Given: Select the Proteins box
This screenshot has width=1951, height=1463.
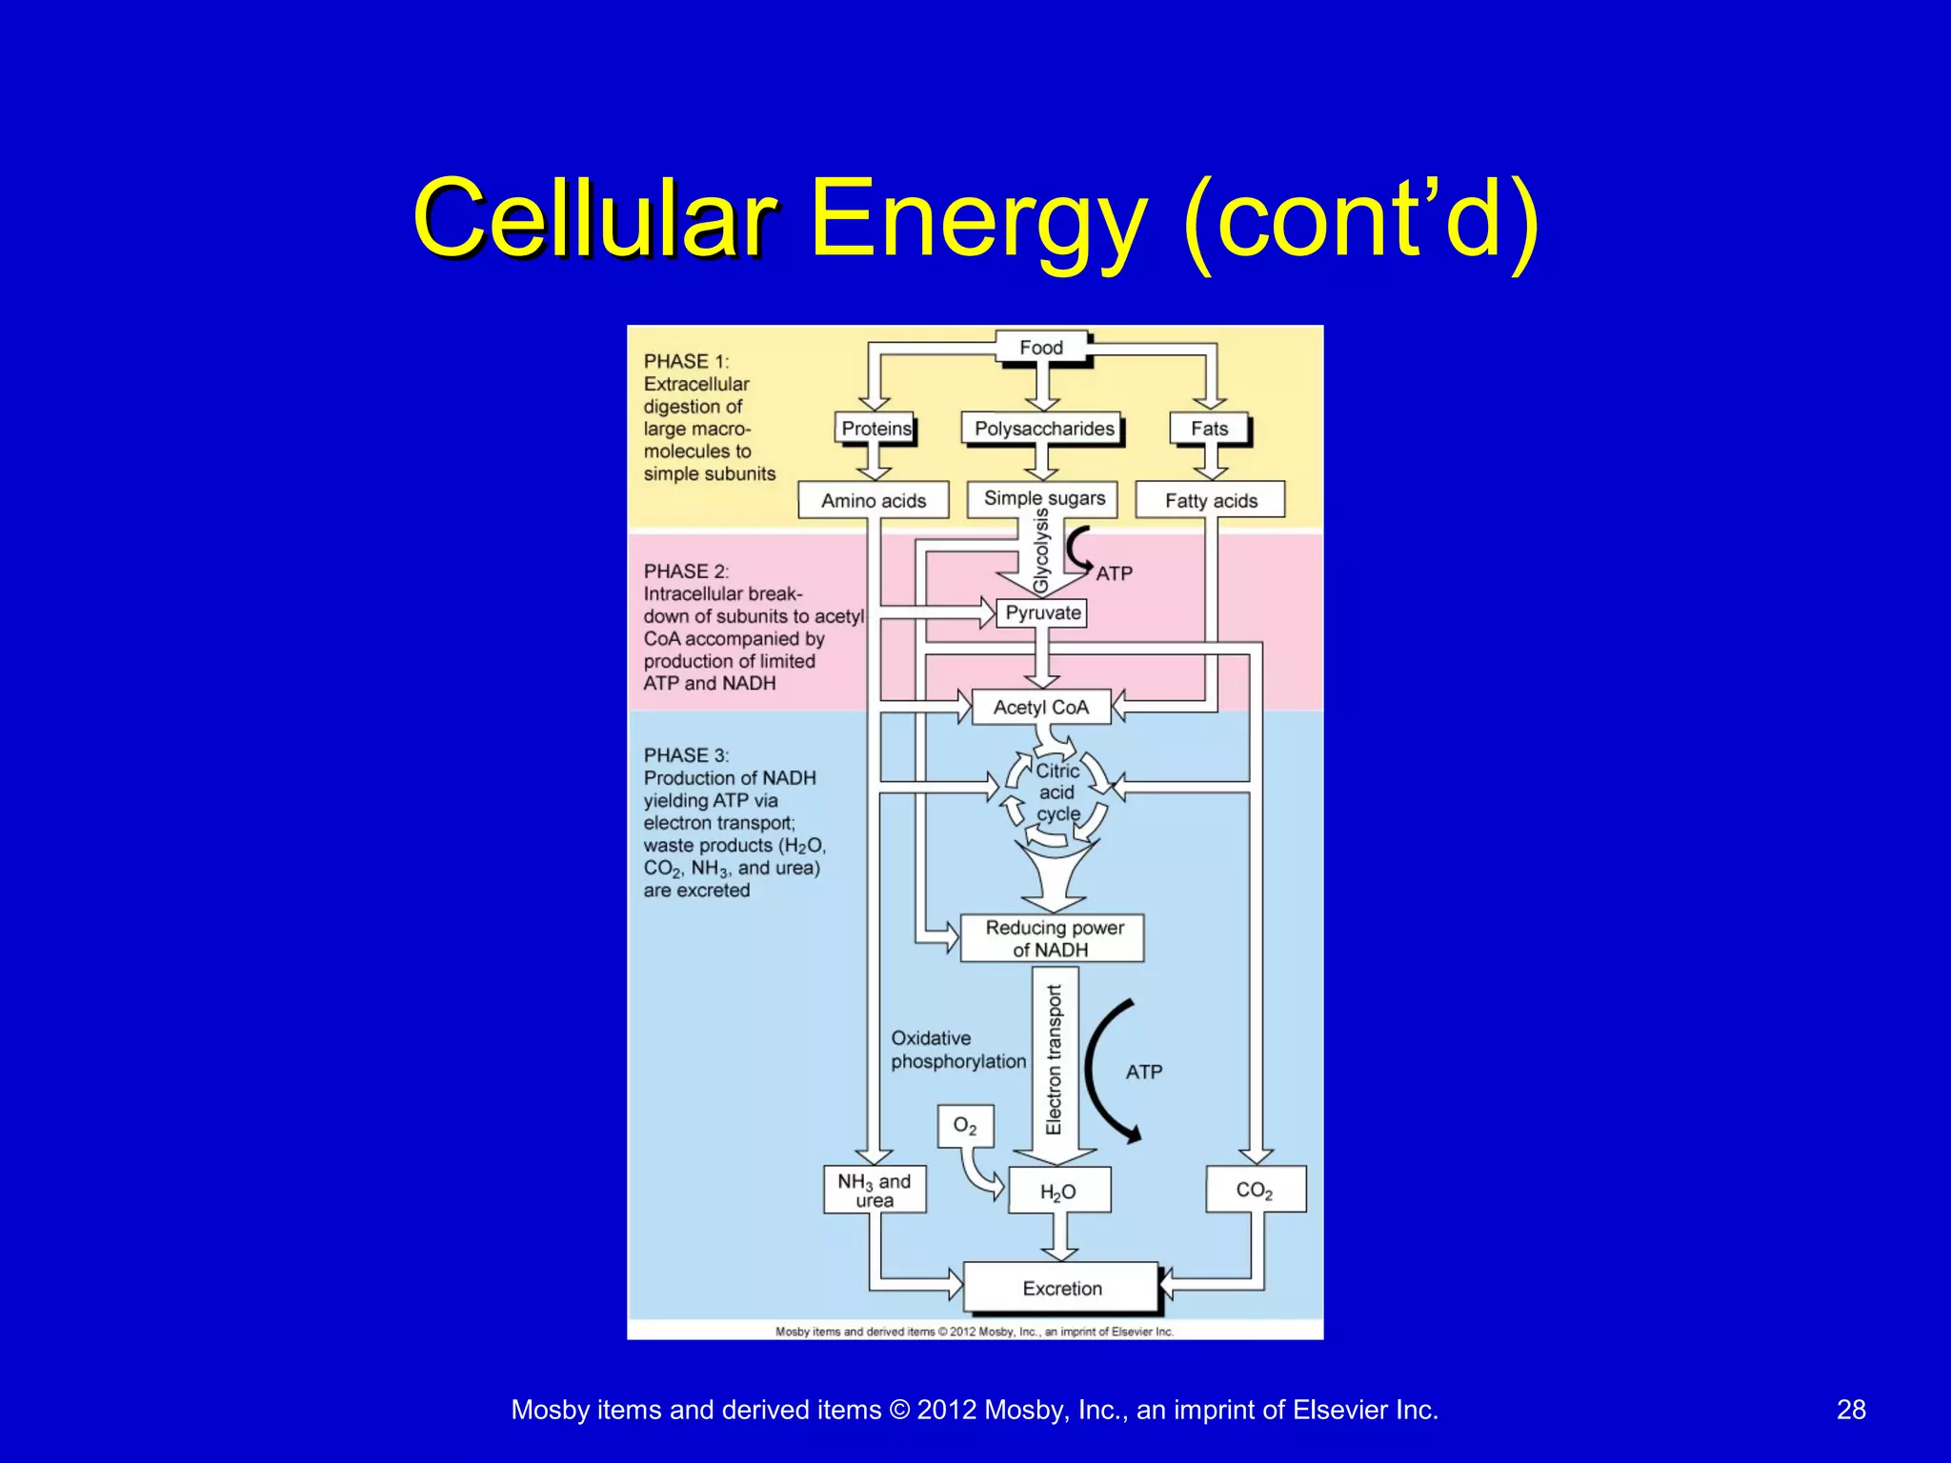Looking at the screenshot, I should (875, 429).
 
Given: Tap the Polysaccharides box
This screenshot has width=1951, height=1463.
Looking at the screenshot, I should (1043, 429).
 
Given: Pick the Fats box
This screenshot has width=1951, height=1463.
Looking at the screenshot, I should (1209, 429).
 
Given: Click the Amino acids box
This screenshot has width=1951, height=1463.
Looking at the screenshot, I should (873, 500).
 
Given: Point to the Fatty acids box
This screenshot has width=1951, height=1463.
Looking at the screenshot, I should (1210, 500).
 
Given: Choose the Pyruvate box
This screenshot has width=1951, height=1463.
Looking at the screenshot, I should (1042, 612).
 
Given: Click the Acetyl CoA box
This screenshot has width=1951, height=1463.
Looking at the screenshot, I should (1040, 707).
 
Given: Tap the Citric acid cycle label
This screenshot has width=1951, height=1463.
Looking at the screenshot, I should (1057, 792).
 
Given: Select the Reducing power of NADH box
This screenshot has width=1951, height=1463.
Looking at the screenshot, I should (1053, 938).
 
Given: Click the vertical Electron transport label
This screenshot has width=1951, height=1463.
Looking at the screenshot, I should (1055, 1060).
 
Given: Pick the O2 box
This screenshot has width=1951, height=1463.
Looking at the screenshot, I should (965, 1126).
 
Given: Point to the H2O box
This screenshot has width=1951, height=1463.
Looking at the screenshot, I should (1057, 1191).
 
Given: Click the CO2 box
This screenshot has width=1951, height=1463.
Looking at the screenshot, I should (1255, 1189).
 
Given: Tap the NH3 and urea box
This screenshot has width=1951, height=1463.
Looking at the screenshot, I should (874, 1190).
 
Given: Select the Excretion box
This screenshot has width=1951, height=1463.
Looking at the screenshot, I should (1061, 1288).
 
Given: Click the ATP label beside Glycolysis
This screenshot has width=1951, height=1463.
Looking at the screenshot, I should (1114, 573).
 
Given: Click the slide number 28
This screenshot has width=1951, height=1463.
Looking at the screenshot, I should (1850, 1410).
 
